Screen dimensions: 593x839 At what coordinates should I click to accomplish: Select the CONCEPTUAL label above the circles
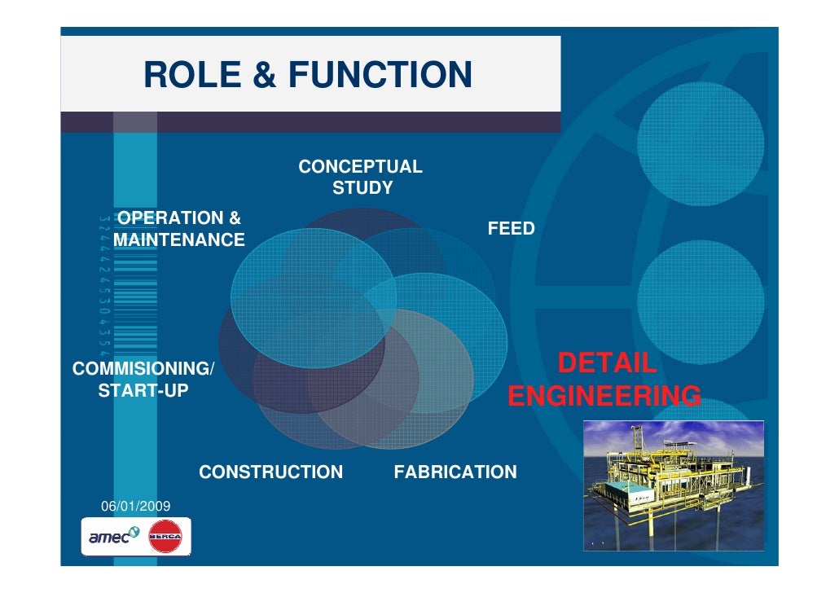click(x=360, y=168)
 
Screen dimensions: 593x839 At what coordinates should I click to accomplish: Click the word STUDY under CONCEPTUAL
click(x=362, y=189)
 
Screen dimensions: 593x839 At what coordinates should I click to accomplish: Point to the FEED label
click(x=511, y=229)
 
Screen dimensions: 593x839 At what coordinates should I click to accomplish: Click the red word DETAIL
click(x=606, y=363)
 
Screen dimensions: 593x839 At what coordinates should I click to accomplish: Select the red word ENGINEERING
click(x=604, y=397)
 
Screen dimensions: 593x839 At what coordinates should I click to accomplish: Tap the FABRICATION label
click(x=455, y=472)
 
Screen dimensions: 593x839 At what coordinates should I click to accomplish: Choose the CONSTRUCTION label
click(x=270, y=472)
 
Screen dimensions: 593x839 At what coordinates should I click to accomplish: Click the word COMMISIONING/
click(x=143, y=369)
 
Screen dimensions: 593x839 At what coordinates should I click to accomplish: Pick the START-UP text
click(x=143, y=392)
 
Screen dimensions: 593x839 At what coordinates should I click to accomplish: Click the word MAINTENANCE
click(x=179, y=240)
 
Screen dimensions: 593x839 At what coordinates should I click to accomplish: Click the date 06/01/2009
click(x=135, y=507)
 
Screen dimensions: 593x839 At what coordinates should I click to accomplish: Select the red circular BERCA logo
click(x=165, y=537)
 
